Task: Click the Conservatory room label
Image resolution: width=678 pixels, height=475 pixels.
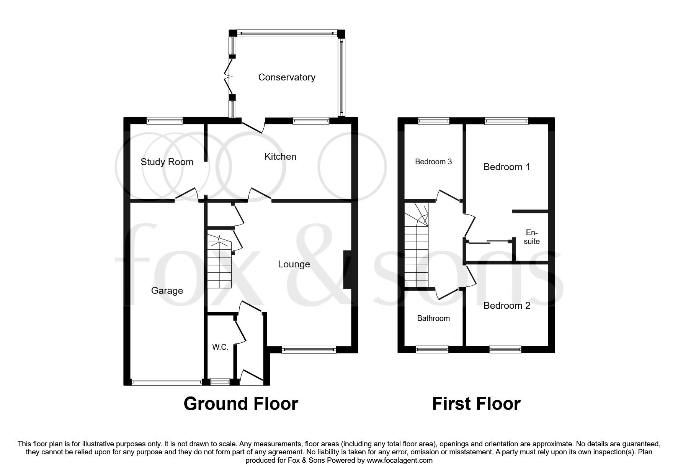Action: (287, 77)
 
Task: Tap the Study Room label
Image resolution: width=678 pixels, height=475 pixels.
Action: (167, 162)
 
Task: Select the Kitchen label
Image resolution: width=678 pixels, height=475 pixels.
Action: (280, 157)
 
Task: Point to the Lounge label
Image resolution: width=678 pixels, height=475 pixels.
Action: (294, 264)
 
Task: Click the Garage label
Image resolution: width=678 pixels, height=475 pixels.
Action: (167, 291)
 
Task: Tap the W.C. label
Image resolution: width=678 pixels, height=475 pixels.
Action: (220, 347)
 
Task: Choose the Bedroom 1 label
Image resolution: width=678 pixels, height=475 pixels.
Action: (506, 167)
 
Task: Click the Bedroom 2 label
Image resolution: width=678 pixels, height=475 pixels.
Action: (507, 306)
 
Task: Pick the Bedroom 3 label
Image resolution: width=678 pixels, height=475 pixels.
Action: (433, 162)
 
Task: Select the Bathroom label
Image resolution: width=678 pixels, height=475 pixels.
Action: (433, 318)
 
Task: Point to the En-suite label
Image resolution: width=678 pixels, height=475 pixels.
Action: (532, 237)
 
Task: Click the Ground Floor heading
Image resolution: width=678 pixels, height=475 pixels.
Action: (241, 404)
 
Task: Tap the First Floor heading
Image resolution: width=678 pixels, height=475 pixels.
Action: (476, 404)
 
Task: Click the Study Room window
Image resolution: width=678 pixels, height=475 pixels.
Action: (165, 121)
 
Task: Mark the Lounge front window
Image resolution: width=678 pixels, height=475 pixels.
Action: (309, 349)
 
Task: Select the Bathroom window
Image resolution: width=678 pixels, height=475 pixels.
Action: (432, 349)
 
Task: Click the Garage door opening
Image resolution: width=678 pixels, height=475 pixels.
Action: (166, 382)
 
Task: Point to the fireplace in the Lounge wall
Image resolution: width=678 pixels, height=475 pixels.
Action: (348, 270)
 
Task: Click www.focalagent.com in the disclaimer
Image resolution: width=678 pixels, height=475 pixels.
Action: (400, 460)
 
